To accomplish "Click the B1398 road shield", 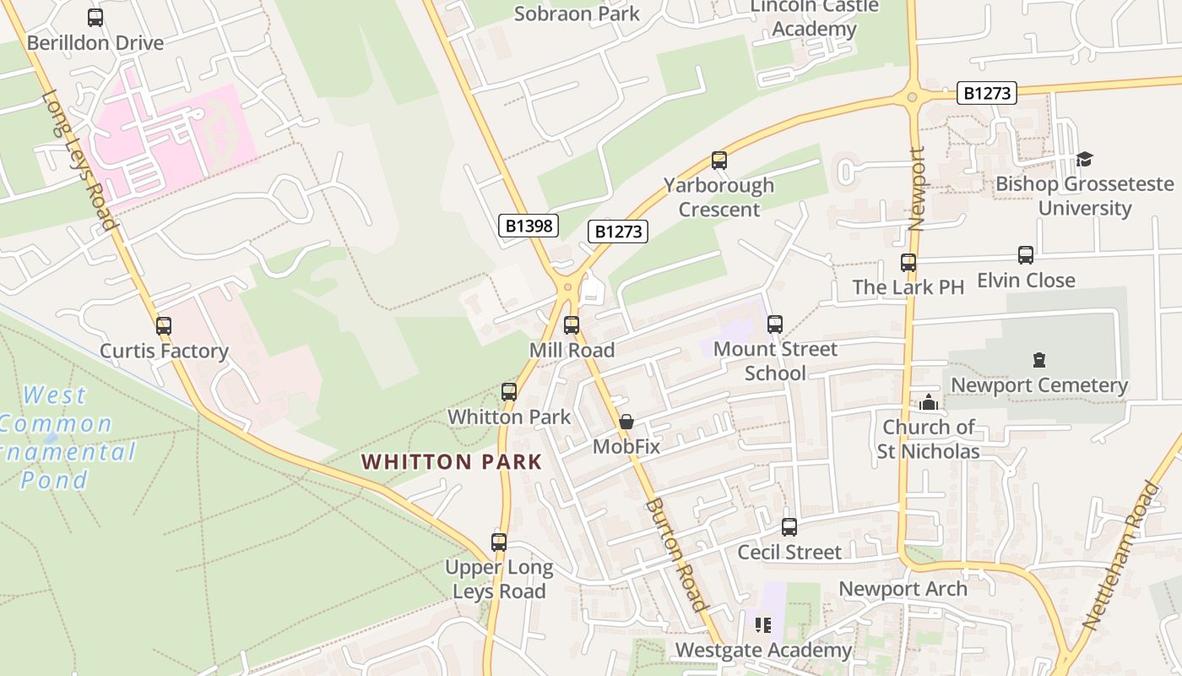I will [x=528, y=226].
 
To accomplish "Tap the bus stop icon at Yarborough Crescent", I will [x=718, y=161].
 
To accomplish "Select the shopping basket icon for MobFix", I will [x=626, y=422].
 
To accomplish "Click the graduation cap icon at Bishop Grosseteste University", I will [x=1084, y=159].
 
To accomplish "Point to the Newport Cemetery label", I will [x=1039, y=385].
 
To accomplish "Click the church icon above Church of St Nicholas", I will [x=929, y=402].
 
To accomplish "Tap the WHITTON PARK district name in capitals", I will [x=452, y=462].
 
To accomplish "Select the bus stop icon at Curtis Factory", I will [x=164, y=326].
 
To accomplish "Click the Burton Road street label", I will [x=675, y=554].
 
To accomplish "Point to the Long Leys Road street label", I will [x=79, y=161].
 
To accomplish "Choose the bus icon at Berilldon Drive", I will [x=95, y=18].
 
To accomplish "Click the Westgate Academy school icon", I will [x=763, y=625].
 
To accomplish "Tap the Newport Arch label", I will [x=903, y=589].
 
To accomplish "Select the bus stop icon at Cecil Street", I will [x=789, y=527].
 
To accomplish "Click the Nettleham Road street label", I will [x=1121, y=555].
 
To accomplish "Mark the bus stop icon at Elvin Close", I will [x=1026, y=255].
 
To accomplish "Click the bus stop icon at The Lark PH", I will [x=908, y=263].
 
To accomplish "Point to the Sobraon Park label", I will [x=577, y=14].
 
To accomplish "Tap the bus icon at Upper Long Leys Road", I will [x=499, y=542].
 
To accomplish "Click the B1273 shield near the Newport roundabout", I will [x=986, y=93].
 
